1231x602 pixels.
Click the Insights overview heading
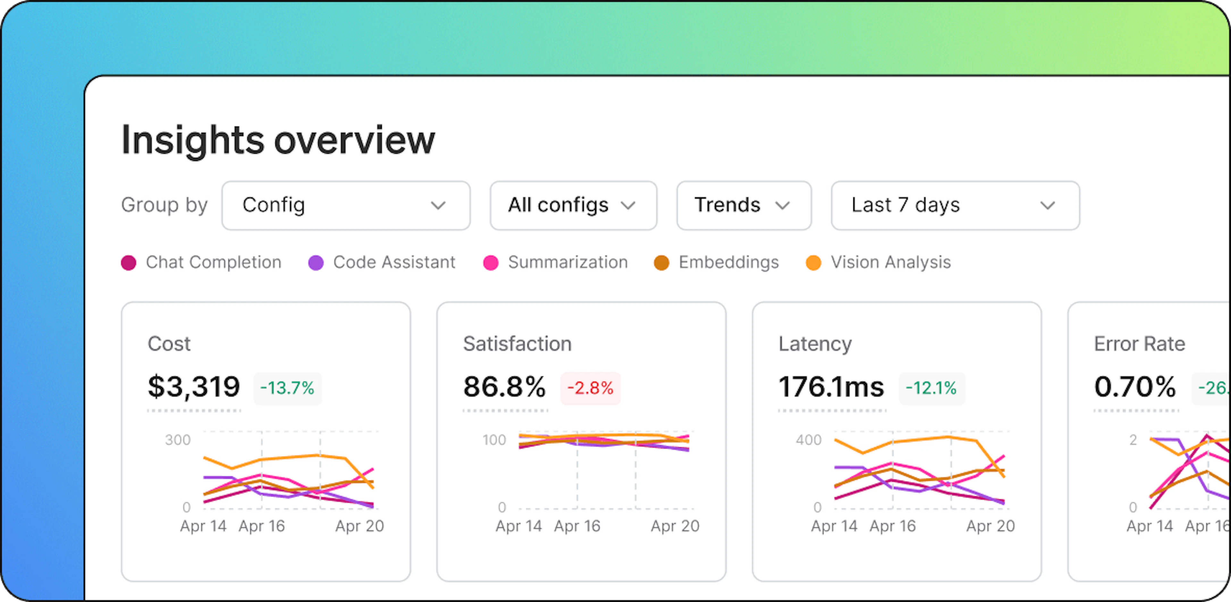pos(278,140)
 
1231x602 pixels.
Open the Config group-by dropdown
pos(346,205)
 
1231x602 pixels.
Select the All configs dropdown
pos(574,205)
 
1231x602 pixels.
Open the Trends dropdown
pos(744,205)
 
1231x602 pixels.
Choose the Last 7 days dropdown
pos(955,205)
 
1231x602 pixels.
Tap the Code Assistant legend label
pos(394,262)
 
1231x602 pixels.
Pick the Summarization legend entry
pos(556,262)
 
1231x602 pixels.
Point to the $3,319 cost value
pos(194,387)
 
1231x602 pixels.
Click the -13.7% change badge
pos(287,388)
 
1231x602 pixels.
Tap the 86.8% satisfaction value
pos(505,387)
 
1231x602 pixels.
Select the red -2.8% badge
pos(590,388)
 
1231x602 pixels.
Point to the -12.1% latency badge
pos(931,388)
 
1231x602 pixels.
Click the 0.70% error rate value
pos(1135,387)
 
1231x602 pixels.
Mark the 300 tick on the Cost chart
pos(178,440)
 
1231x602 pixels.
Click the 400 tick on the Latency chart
pos(808,440)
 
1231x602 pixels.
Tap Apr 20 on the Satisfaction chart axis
pos(675,526)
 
